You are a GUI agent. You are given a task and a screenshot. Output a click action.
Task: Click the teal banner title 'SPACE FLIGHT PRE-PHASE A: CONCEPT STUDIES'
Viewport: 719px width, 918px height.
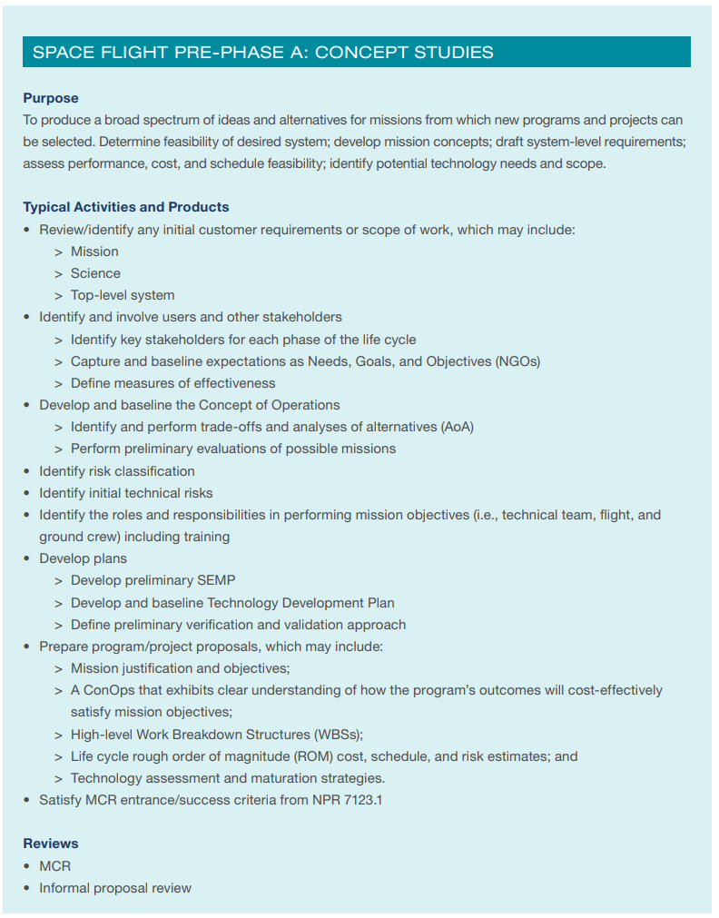263,52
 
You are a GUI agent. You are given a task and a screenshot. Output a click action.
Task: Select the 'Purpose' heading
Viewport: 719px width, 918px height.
51,98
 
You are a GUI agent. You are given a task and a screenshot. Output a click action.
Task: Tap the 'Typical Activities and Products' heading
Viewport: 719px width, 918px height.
126,207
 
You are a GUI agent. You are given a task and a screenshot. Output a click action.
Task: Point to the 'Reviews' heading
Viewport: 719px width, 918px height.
51,844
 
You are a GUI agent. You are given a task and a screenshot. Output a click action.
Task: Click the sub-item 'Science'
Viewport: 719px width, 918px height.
95,273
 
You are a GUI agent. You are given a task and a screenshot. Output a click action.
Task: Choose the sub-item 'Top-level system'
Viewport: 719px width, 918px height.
123,295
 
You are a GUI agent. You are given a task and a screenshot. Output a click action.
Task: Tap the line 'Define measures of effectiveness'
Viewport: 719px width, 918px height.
172,383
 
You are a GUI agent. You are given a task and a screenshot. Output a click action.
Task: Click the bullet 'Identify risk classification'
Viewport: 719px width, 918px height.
116,471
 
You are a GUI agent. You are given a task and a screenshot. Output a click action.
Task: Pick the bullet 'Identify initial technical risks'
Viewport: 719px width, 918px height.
125,493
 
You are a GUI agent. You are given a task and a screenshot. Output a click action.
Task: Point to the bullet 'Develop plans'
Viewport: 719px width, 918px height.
83,558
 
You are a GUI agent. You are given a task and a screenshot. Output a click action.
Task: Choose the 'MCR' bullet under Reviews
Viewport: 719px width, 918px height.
54,866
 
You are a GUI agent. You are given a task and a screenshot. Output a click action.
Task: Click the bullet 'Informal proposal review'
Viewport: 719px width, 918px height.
114,888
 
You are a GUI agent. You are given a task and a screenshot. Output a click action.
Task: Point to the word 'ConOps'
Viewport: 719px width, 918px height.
106,690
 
